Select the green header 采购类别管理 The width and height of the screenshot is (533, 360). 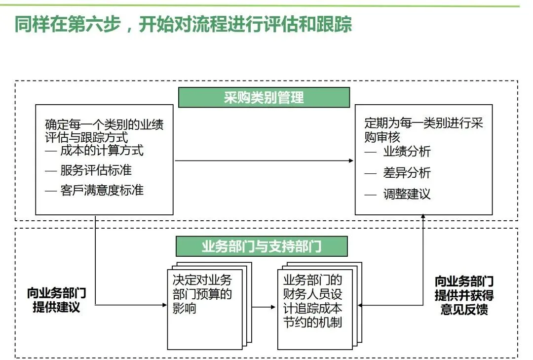click(264, 97)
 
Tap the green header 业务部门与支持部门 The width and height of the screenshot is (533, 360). click(262, 246)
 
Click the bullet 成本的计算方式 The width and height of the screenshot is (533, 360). click(102, 150)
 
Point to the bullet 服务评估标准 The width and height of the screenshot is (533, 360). click(96, 170)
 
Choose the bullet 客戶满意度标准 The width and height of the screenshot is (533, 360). click(102, 190)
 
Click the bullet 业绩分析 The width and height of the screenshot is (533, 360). click(407, 152)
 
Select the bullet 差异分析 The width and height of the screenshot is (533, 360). click(407, 172)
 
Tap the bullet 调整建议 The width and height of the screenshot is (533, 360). click(407, 194)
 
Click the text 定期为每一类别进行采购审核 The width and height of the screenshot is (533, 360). click(423, 130)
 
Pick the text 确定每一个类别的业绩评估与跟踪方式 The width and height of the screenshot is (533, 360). click(104, 130)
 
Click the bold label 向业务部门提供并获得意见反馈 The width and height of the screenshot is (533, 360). click(464, 296)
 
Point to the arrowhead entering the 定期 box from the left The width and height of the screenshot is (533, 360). click(352, 160)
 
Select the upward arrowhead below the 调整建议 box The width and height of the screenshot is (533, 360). click(423, 218)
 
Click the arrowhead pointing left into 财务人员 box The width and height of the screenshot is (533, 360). click(360, 306)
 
